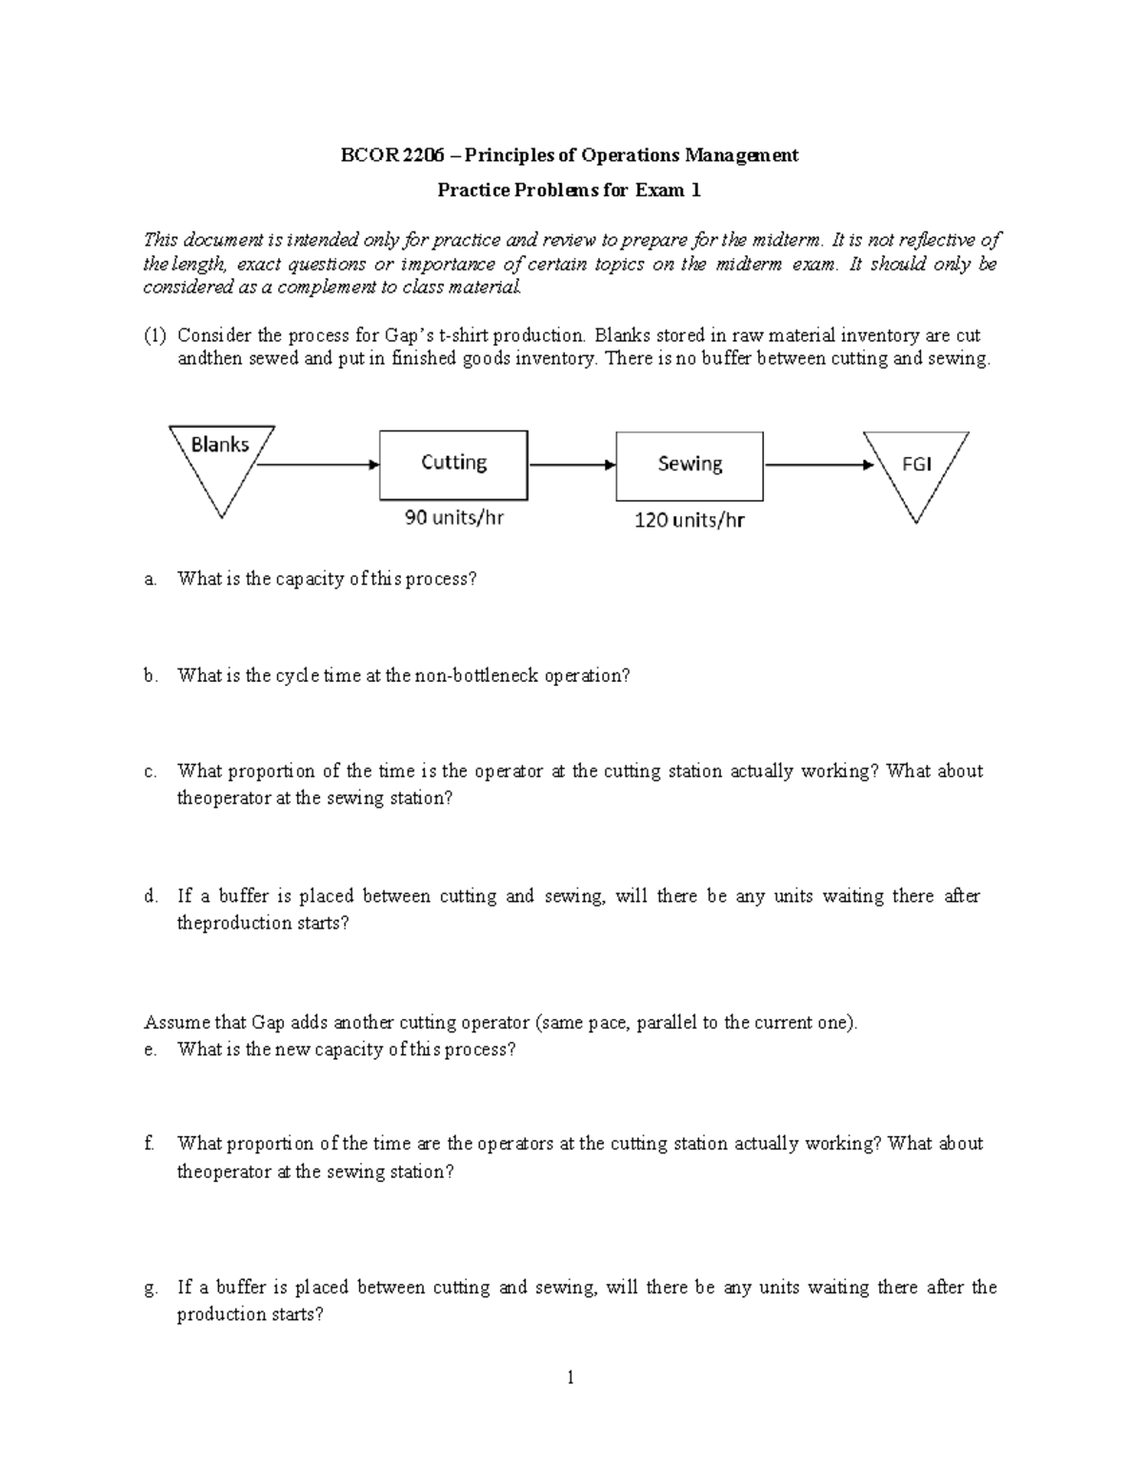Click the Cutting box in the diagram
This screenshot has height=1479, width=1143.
coord(453,464)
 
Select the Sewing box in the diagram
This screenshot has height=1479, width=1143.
coord(690,465)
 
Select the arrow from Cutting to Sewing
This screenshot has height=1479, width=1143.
coord(571,465)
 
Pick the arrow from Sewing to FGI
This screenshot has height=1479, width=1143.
coord(817,465)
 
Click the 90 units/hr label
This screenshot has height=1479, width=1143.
coord(453,518)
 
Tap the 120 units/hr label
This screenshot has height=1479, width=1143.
coord(689,520)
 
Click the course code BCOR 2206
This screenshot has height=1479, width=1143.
coord(391,155)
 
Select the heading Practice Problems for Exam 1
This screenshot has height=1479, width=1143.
coord(569,190)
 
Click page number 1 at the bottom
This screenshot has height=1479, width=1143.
coord(570,1377)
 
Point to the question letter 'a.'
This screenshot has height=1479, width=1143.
coord(150,579)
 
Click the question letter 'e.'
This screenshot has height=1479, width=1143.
coord(150,1049)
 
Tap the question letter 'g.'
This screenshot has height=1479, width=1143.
coord(150,1288)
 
